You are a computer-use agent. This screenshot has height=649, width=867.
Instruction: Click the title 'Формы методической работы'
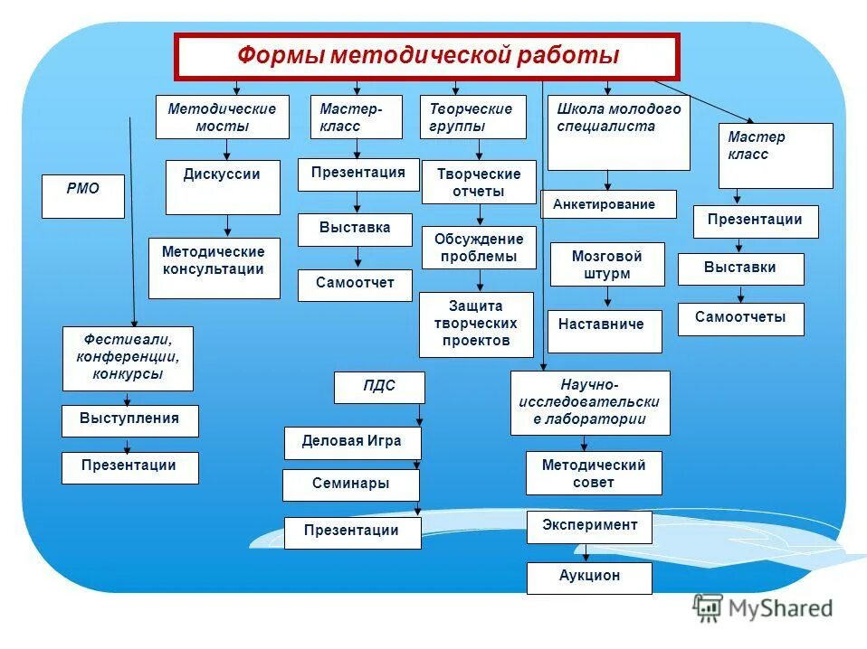coord(426,57)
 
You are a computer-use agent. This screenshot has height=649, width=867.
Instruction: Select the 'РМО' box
coord(83,196)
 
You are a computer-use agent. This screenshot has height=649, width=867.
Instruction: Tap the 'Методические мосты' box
coord(222,118)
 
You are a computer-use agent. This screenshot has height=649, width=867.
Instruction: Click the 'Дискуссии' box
coord(223,187)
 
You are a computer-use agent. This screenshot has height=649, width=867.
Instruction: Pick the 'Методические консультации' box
coord(214,268)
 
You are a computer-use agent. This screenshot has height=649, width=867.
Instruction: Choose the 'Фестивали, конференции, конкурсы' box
coord(128,358)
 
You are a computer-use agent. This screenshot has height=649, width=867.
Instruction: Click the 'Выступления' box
coord(129,420)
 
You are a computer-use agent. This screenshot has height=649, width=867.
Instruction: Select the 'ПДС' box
coord(379,387)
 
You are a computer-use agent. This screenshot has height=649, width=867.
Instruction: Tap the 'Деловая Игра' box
coord(353,442)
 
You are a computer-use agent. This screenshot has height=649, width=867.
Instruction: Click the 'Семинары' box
coord(352,484)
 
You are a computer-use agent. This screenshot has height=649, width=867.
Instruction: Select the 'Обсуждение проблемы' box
coord(479,248)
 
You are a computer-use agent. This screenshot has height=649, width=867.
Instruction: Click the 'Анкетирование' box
coord(608,204)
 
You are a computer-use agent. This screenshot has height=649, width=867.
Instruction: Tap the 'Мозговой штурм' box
coord(607,265)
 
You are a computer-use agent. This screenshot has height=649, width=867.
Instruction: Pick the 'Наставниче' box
coord(604,331)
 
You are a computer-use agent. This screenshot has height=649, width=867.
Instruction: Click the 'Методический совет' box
coord(594,473)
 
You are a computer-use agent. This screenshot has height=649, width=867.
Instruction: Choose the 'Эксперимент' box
coord(589,526)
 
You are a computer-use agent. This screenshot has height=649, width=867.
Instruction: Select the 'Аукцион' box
coord(589,578)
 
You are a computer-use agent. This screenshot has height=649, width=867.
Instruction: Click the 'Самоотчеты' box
coord(740,319)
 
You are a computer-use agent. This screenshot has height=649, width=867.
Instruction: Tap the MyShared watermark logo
coord(762,608)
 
